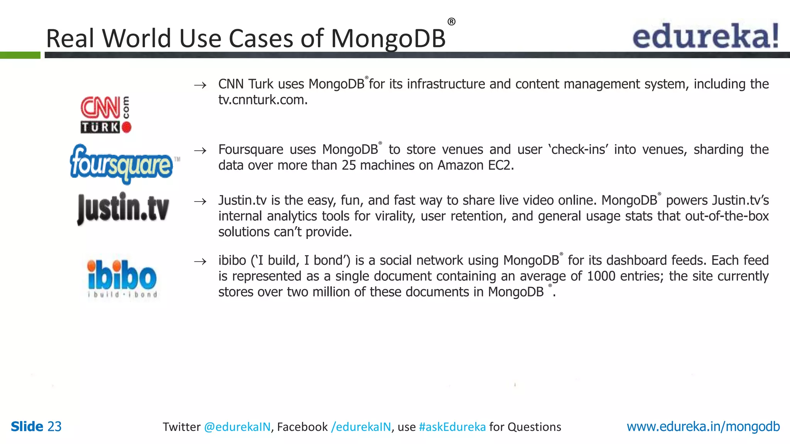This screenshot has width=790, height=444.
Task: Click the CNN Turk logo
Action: [106, 114]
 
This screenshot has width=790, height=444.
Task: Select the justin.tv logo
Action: [123, 209]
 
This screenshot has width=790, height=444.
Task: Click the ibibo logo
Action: [122, 278]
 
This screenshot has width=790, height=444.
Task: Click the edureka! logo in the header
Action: [706, 36]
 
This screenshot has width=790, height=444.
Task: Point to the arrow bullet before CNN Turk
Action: [200, 85]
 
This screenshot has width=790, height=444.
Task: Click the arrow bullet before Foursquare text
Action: [200, 151]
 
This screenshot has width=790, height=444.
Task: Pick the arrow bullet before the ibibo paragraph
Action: [200, 262]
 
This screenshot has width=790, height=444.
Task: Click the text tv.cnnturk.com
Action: [263, 100]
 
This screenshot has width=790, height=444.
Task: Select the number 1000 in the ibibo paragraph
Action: [601, 276]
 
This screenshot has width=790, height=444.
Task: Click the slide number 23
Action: [54, 427]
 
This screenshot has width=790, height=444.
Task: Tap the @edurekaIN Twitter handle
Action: [237, 427]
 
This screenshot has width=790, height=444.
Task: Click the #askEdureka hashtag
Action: [452, 427]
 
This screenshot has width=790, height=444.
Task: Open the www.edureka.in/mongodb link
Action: [703, 427]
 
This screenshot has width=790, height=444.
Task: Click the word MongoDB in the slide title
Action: [388, 39]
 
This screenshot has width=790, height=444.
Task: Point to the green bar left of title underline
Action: [20, 55]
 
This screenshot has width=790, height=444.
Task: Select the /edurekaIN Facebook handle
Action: [361, 427]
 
